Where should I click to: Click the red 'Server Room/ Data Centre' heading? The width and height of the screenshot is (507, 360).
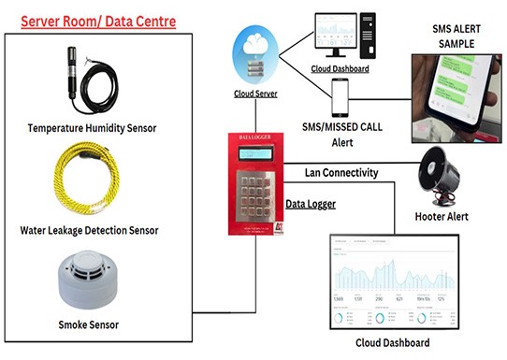pyautogui.click(x=97, y=19)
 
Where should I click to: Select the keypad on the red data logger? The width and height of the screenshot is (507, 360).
pyautogui.click(x=259, y=192)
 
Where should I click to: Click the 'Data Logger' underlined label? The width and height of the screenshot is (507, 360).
pyautogui.click(x=310, y=202)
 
